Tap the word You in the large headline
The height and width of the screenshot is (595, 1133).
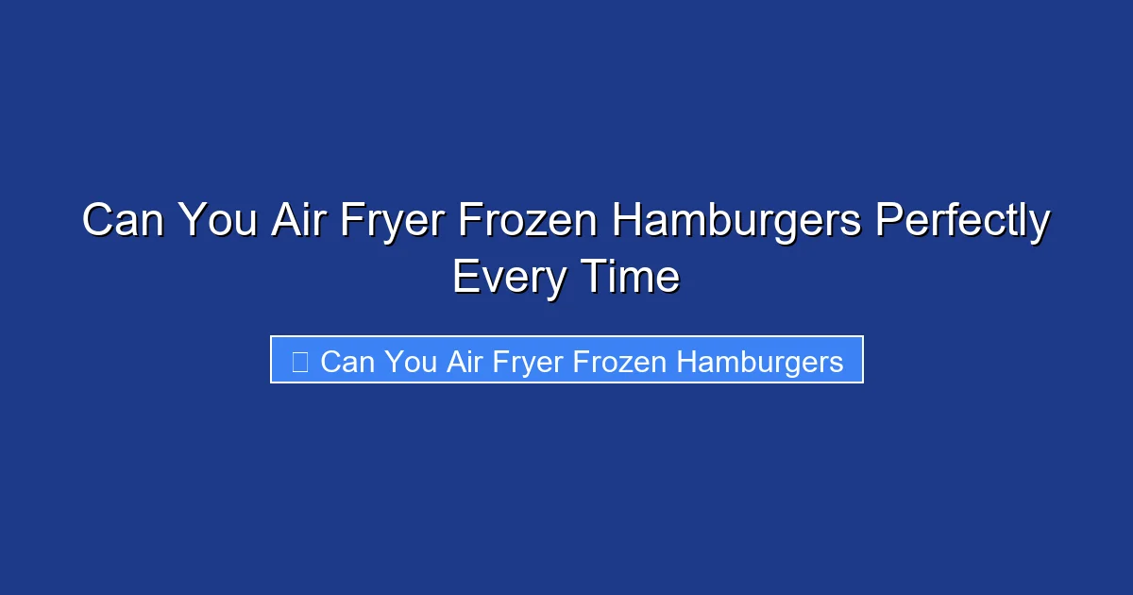point(220,223)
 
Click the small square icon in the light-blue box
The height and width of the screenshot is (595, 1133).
point(299,361)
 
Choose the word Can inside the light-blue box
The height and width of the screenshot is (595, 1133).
point(347,361)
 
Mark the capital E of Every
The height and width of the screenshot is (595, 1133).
point(465,277)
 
